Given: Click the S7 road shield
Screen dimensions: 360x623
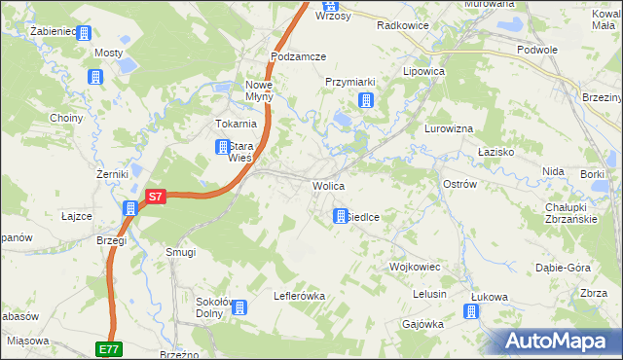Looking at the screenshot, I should [154, 197].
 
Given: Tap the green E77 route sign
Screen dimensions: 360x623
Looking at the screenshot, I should [109, 347].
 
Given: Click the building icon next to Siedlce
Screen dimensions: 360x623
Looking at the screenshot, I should [340, 216].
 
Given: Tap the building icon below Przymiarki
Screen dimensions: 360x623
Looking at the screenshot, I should [365, 100].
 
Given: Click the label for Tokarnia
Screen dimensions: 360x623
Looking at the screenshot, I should [236, 124].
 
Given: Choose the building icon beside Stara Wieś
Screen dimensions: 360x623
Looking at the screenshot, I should [221, 148].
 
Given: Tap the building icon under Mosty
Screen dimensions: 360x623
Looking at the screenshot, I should [94, 77].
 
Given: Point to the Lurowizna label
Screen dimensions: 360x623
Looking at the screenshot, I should [449, 128].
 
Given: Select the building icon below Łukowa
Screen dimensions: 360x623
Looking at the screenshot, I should [471, 311].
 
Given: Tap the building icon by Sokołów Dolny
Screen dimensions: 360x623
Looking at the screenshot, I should [239, 307].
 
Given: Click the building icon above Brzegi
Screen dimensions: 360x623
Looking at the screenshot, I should [130, 207].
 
